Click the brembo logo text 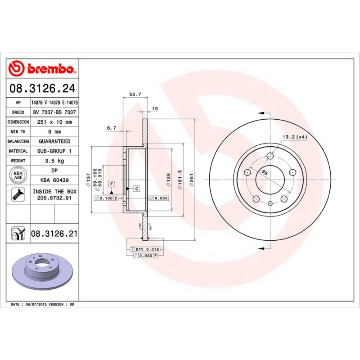(50, 68)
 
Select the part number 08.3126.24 (43, 88)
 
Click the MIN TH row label (18, 132)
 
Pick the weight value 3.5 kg (54, 161)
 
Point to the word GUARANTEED (54, 141)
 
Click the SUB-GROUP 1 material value (54, 151)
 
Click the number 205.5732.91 (54, 198)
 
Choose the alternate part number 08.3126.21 (54, 234)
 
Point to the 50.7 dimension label (135, 94)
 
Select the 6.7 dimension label (112, 128)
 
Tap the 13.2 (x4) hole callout (295, 137)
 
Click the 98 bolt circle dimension (265, 173)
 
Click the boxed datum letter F (111, 184)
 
